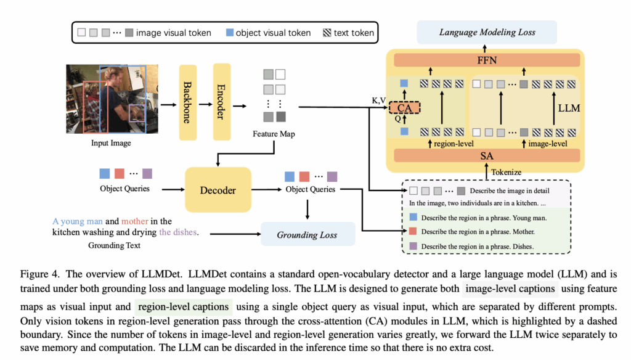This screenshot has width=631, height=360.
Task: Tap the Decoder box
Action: coord(218,190)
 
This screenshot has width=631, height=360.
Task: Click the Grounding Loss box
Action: coord(307,235)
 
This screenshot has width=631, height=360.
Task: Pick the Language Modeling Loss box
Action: coord(487,31)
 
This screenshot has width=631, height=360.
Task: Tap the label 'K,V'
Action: coord(379,100)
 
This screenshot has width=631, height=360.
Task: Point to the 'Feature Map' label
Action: coord(274,133)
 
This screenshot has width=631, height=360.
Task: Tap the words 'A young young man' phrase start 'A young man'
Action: coord(78,221)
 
